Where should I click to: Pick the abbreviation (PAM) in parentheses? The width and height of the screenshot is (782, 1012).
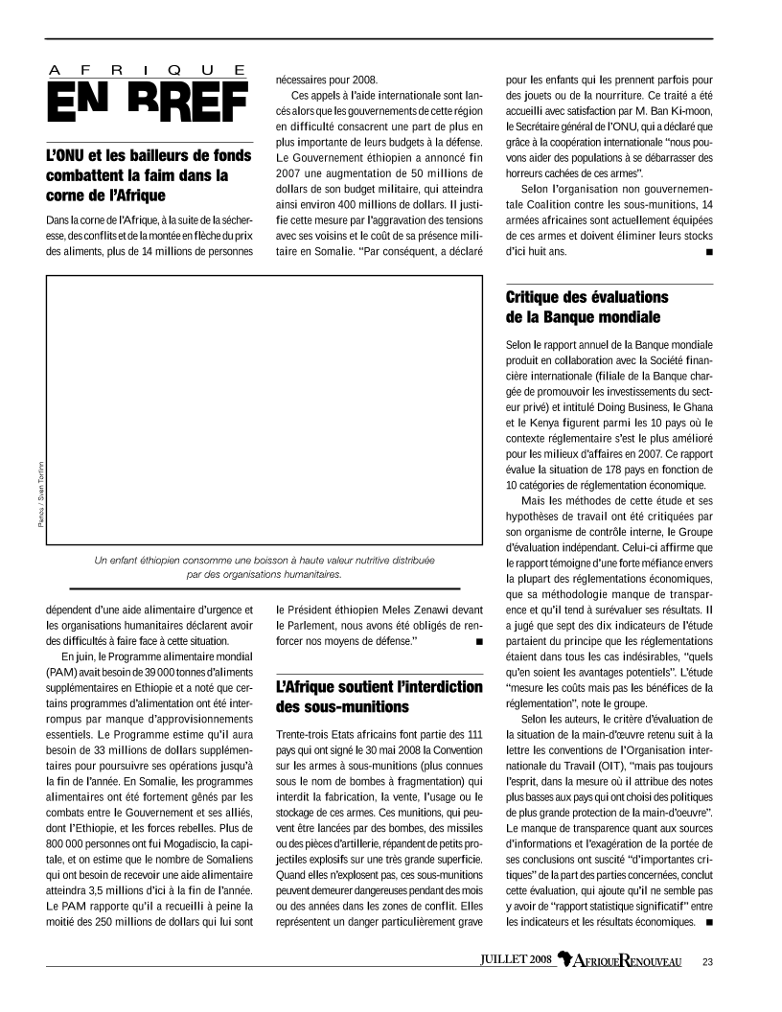pyautogui.click(x=62, y=672)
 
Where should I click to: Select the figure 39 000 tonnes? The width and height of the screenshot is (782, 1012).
pyautogui.click(x=145, y=672)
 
